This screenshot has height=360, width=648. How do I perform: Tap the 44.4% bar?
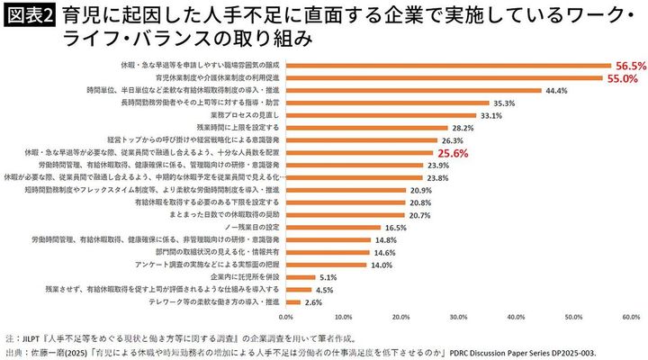coord(413,90)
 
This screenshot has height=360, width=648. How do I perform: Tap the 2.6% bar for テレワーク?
coord(293,303)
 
